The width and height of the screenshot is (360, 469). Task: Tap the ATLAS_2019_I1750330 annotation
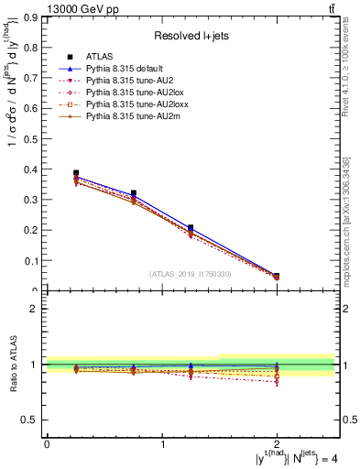click(190, 274)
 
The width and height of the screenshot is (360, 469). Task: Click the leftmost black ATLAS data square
click(76, 173)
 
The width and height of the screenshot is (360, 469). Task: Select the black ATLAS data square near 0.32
click(134, 193)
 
